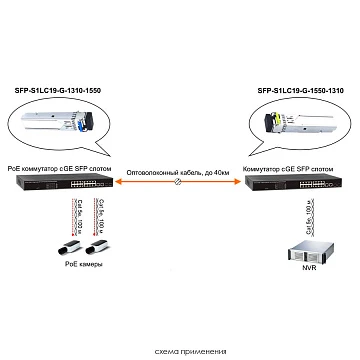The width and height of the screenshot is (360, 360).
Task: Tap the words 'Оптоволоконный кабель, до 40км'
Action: (179, 173)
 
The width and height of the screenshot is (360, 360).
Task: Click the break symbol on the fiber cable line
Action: (179, 186)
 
